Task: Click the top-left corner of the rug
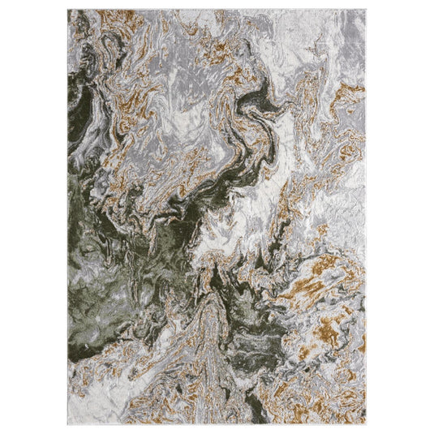point(69,11)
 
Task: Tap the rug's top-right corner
point(367,11)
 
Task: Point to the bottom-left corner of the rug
point(69,423)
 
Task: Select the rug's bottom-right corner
point(367,423)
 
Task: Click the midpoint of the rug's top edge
point(217,11)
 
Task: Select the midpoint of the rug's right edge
point(367,217)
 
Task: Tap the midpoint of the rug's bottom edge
point(217,423)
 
